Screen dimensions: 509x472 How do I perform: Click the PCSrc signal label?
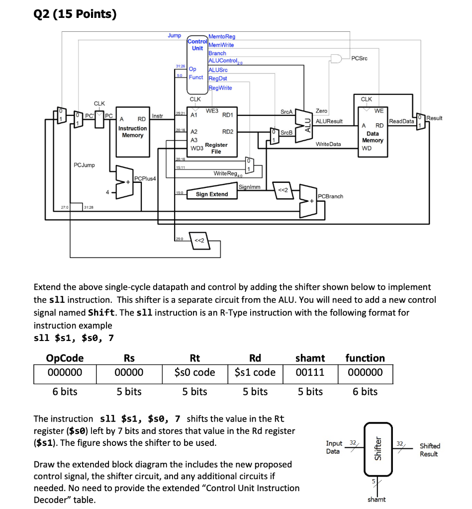(x=359, y=59)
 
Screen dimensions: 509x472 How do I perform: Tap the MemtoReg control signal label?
(x=222, y=37)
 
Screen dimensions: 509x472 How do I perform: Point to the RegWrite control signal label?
(x=220, y=87)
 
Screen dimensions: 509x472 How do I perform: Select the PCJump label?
(x=84, y=165)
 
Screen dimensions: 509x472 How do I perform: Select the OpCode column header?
(x=65, y=358)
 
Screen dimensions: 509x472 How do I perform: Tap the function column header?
(x=365, y=358)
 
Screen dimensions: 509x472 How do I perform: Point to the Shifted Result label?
(x=429, y=450)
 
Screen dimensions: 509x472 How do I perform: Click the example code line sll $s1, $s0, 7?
(x=74, y=338)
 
